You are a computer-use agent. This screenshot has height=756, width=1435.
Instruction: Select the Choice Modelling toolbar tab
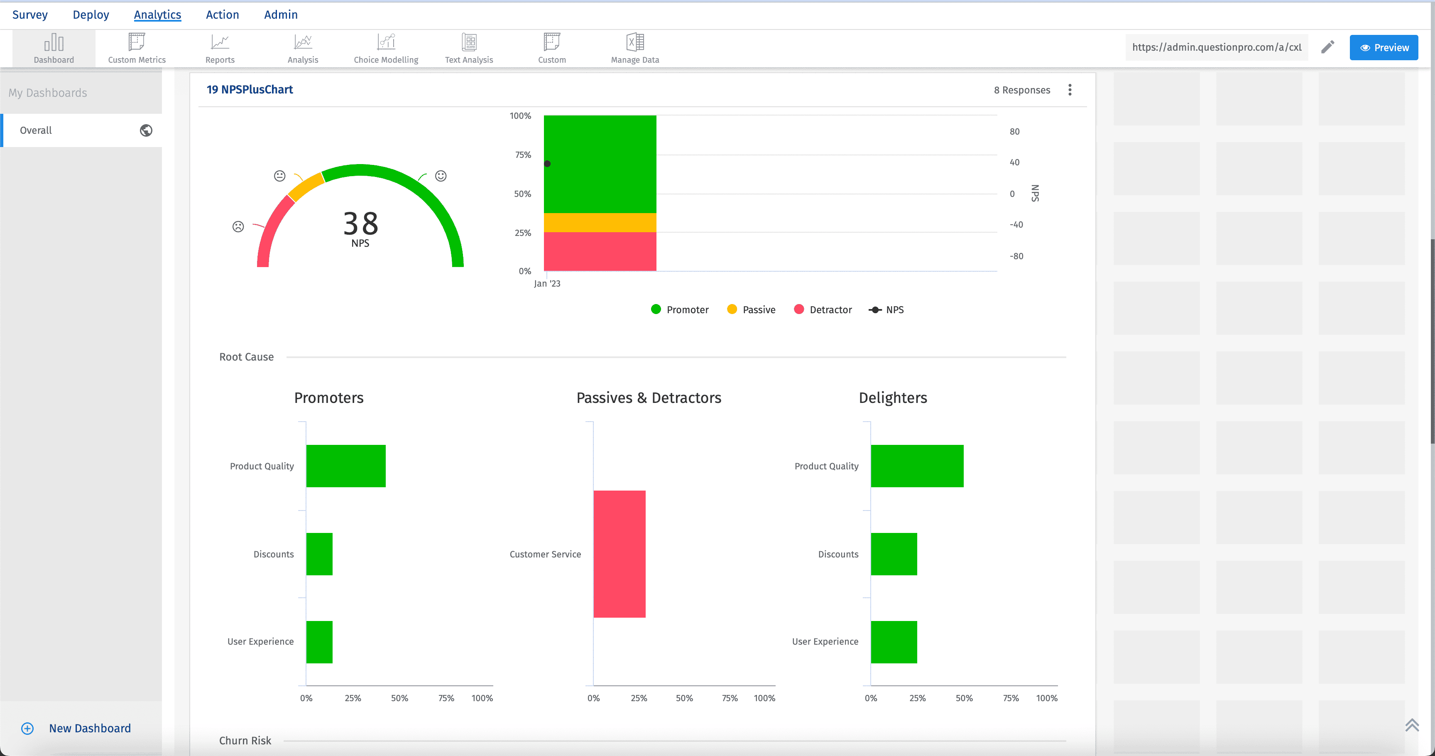pos(385,49)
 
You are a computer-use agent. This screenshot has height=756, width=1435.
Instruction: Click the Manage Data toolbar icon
pos(634,49)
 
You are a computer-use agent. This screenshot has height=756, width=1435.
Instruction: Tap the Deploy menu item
pos(91,15)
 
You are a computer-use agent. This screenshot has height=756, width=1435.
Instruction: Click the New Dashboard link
pos(90,728)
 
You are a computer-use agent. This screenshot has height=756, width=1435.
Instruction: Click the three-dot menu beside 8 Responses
pos(1070,90)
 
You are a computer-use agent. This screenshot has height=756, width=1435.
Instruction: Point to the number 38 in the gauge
pos(360,223)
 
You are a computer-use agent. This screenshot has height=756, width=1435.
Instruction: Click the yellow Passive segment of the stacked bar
pos(600,222)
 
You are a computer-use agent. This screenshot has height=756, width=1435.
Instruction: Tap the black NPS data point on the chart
pos(547,164)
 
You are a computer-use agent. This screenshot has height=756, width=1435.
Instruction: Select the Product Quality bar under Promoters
pos(345,466)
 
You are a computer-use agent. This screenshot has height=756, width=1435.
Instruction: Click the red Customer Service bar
pos(619,554)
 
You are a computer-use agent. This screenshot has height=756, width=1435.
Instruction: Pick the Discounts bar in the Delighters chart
pos(894,554)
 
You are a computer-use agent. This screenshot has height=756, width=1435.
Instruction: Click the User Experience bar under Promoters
pos(319,642)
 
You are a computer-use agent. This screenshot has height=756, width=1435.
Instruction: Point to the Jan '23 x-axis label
pos(547,284)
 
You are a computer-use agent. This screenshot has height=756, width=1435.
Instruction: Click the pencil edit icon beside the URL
pos(1327,47)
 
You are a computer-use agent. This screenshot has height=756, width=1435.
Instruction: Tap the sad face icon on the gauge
pos(238,227)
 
